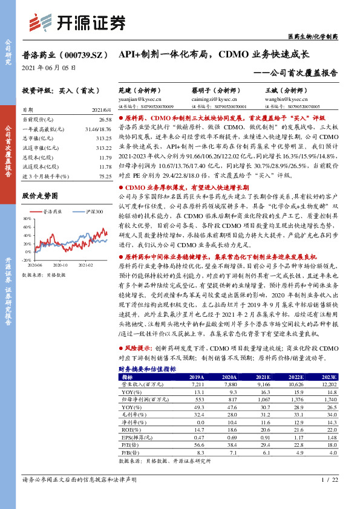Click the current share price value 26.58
click(105, 121)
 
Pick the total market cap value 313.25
click(104, 138)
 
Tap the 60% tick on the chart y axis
click(28, 219)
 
